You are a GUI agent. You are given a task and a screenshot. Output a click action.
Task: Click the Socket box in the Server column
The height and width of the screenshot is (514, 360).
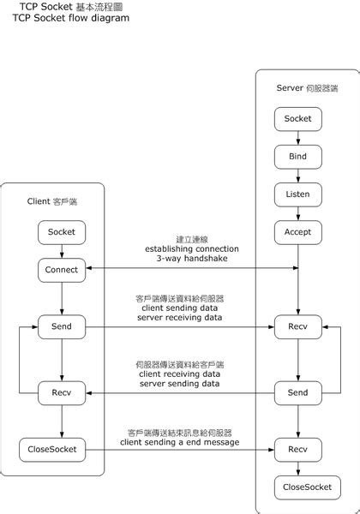297,118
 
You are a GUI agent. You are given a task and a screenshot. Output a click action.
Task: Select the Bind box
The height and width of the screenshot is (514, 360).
297,157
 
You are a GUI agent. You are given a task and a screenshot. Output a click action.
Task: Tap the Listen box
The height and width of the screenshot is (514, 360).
297,194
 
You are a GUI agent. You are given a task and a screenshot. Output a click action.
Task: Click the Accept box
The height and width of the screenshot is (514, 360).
297,232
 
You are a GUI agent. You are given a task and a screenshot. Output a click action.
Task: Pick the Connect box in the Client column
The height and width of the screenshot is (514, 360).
62,270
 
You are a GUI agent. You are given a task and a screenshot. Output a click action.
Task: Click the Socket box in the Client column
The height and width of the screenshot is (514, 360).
62,232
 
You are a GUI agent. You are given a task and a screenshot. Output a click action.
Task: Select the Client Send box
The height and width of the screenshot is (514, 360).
62,326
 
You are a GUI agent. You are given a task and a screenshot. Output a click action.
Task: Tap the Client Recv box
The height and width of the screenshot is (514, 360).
62,392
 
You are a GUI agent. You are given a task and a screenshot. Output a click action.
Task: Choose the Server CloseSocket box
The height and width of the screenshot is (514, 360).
297,488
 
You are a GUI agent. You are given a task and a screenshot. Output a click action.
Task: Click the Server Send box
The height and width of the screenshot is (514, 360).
297,392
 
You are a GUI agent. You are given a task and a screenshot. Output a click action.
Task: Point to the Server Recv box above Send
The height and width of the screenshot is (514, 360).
297,326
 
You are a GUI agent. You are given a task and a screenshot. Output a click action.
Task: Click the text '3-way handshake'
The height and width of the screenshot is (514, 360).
180,259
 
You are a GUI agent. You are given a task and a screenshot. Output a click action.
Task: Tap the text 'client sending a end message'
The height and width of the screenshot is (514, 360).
180,442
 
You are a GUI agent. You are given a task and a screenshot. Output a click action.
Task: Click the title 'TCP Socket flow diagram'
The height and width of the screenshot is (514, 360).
71,17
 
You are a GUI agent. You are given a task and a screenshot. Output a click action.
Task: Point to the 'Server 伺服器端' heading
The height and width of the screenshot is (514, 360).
307,88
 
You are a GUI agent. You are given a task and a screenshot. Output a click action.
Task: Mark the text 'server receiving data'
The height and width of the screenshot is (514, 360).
180,318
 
